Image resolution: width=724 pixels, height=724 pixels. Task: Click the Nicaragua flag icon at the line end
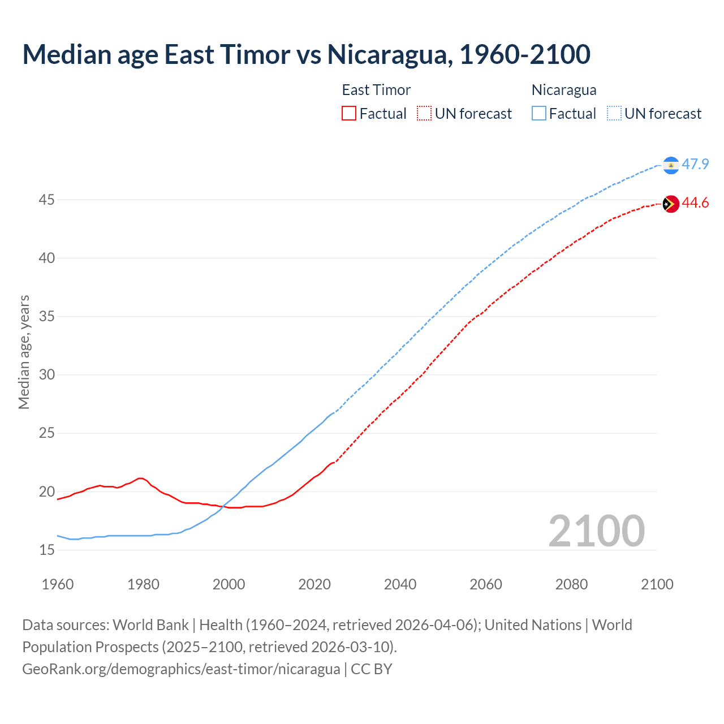pyautogui.click(x=671, y=165)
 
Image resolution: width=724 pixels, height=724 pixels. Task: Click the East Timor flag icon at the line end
pyautogui.click(x=671, y=204)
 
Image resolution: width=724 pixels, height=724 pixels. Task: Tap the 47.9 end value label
pyautogui.click(x=695, y=165)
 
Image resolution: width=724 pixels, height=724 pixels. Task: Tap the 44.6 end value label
pyautogui.click(x=695, y=203)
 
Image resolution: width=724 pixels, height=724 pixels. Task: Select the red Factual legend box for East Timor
pyautogui.click(x=349, y=114)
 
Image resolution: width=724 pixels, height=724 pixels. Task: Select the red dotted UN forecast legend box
pyautogui.click(x=424, y=114)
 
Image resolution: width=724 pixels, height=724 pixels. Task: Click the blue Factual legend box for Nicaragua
pyautogui.click(x=539, y=114)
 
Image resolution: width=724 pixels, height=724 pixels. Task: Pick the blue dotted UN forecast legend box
pyautogui.click(x=614, y=114)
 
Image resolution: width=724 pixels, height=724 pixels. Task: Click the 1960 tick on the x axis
pyautogui.click(x=58, y=584)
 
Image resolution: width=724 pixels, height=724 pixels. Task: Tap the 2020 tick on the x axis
pyautogui.click(x=314, y=584)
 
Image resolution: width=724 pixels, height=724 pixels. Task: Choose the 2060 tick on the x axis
pyautogui.click(x=486, y=584)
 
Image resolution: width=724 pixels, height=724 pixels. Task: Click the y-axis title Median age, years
pyautogui.click(x=24, y=352)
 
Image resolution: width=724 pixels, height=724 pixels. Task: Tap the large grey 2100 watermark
pyautogui.click(x=596, y=531)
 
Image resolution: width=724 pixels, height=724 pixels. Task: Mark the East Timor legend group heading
pyautogui.click(x=376, y=90)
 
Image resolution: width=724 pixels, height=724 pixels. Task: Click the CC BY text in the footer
pyautogui.click(x=372, y=669)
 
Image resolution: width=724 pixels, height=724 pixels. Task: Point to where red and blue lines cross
pyautogui.click(x=223, y=506)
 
